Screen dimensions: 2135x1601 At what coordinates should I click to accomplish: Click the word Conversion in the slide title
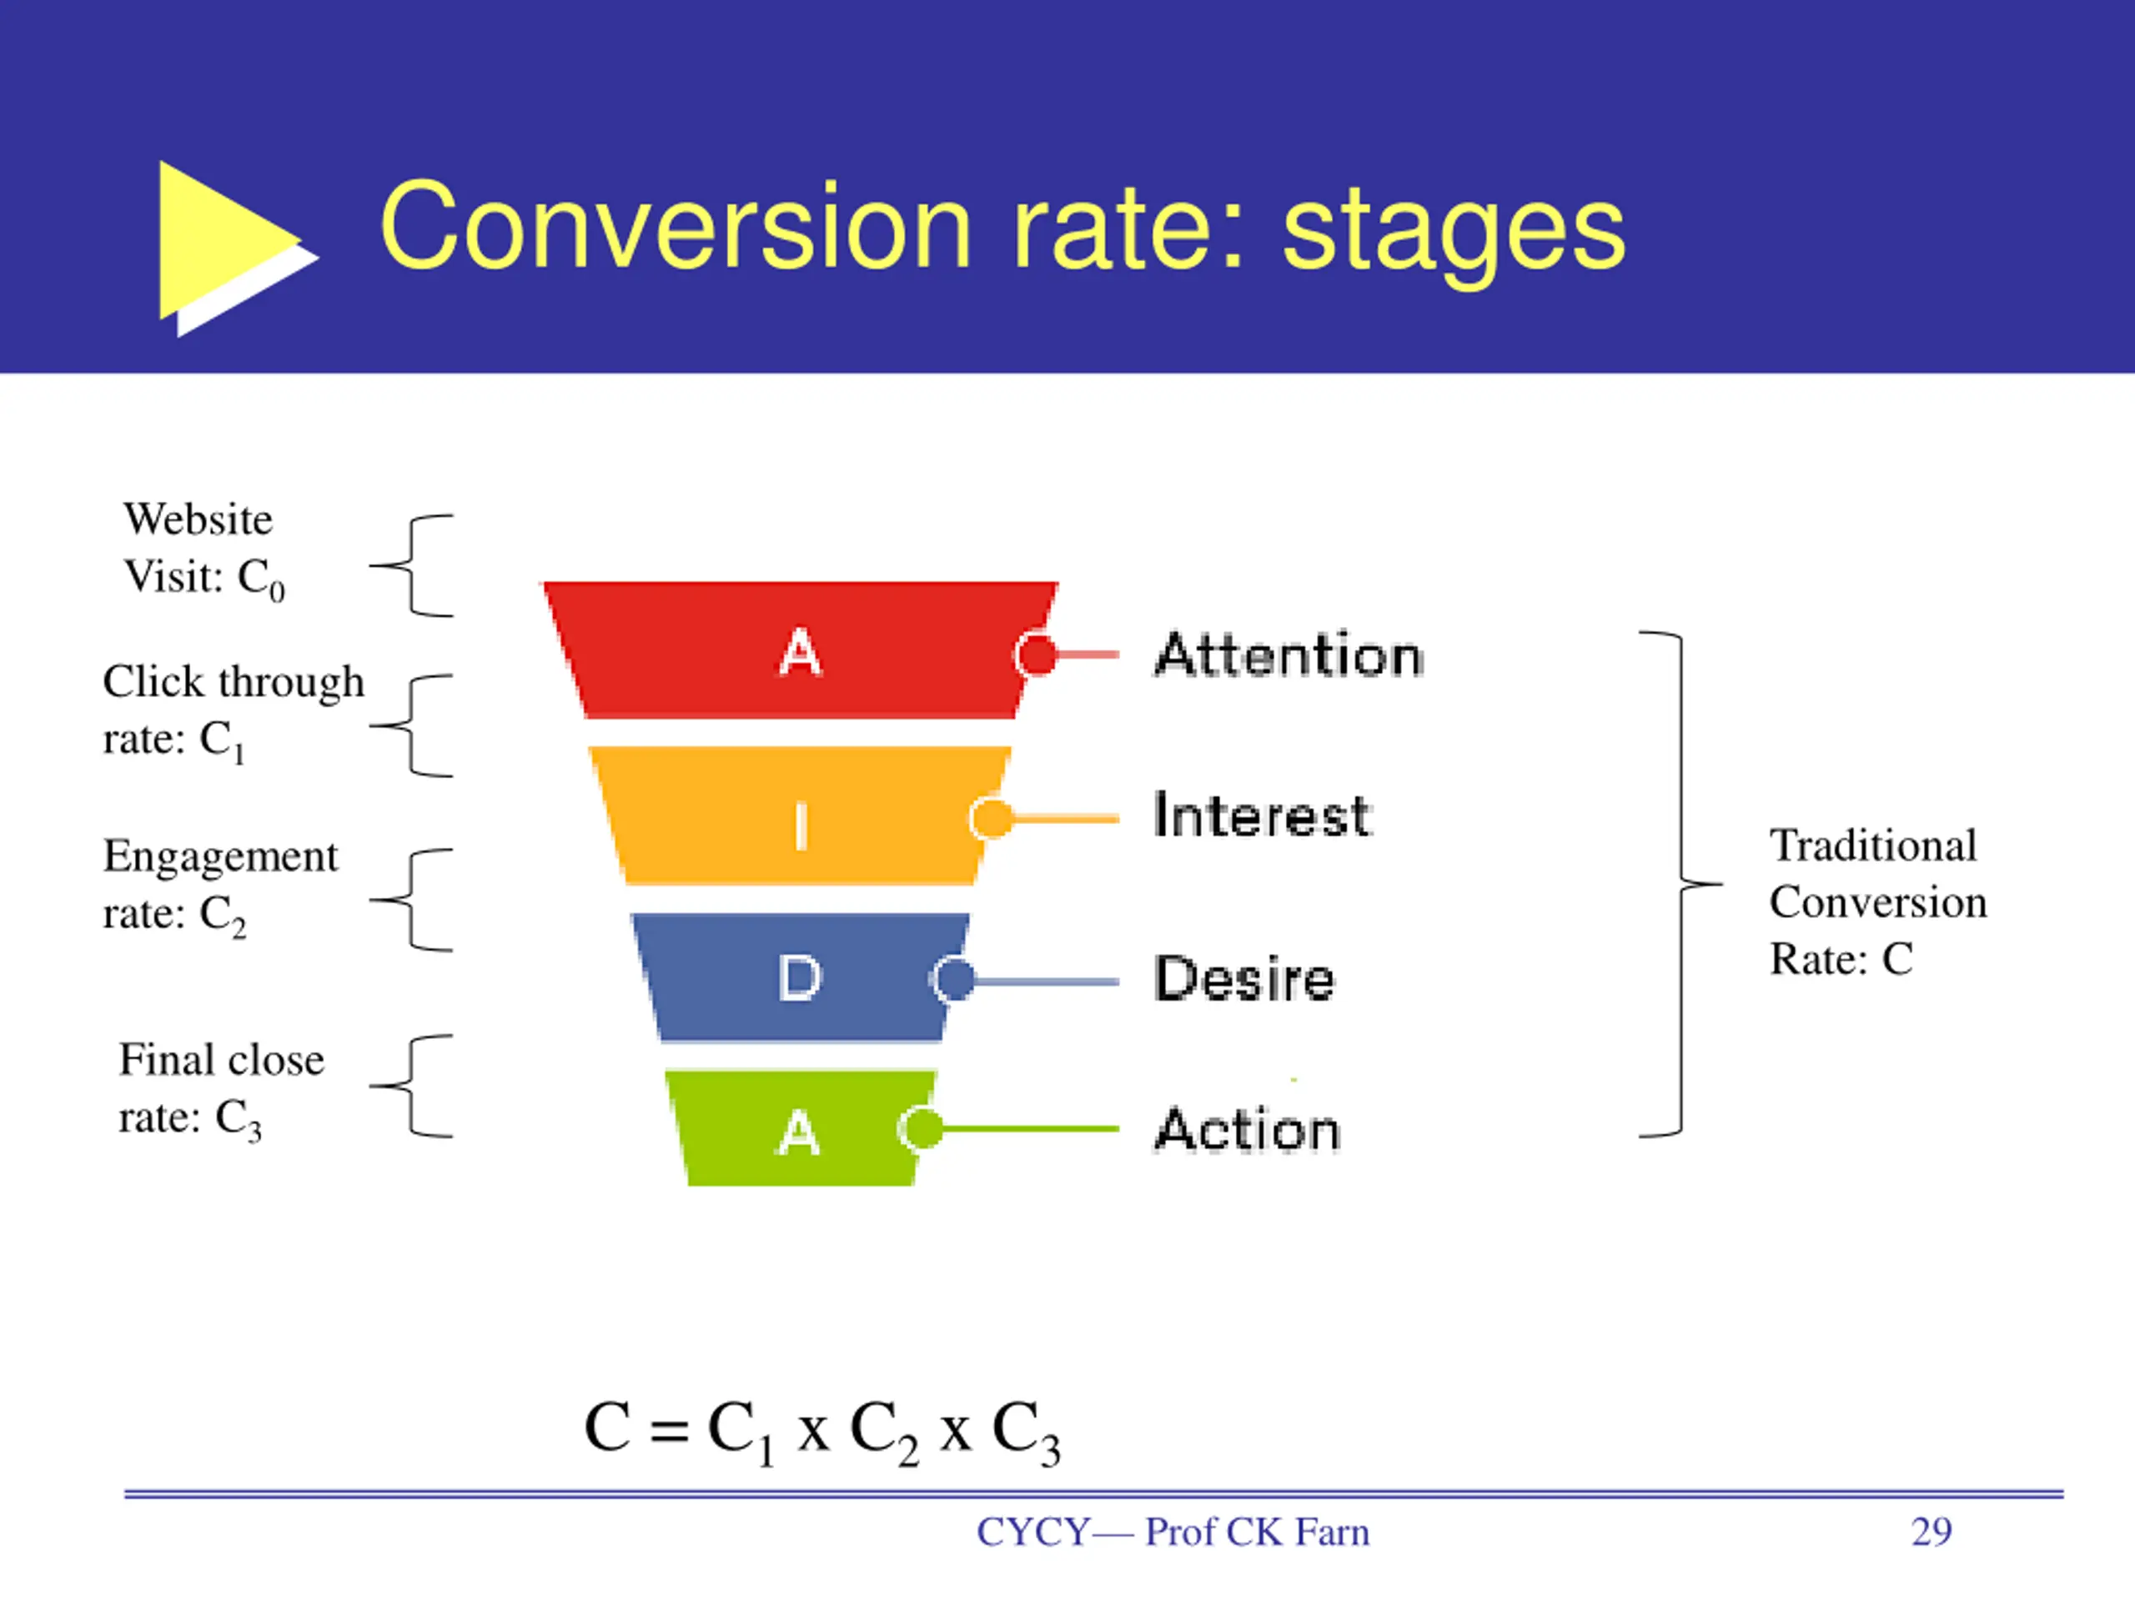tap(676, 228)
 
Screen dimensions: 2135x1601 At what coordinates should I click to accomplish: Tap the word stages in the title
tap(1454, 232)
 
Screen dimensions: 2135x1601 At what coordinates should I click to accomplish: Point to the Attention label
tap(1289, 655)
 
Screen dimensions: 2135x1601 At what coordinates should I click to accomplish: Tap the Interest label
tap(1262, 816)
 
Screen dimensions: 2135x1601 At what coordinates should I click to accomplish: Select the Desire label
tap(1244, 980)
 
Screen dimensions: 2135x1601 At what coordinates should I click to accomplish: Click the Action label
tap(1247, 1130)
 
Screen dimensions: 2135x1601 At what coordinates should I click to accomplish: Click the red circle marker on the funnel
tap(1037, 655)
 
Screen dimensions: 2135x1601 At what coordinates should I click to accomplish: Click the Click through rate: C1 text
tap(233, 711)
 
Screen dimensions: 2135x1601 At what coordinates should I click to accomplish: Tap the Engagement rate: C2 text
tap(220, 885)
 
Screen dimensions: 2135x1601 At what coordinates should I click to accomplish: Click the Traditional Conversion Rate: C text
tap(1876, 902)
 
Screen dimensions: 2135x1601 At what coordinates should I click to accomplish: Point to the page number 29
tap(1931, 1532)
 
